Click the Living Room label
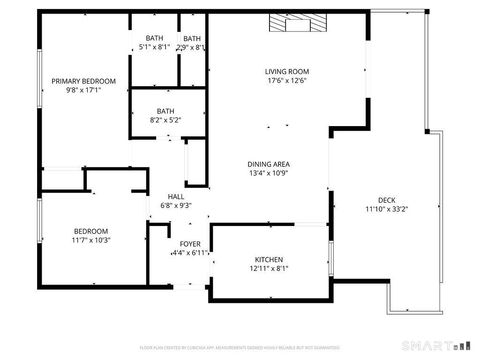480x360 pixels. (x=285, y=71)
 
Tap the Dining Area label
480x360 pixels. (x=268, y=163)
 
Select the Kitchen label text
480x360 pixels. (x=268, y=258)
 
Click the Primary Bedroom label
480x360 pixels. (x=84, y=80)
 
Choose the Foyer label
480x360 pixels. (x=189, y=244)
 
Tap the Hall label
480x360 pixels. (x=176, y=196)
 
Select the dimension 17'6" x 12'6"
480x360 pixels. (x=285, y=81)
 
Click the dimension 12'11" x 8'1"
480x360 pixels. (x=268, y=268)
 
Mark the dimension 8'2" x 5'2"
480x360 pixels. (x=166, y=120)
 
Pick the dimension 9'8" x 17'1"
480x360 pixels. (x=84, y=90)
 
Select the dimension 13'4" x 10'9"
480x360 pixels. (x=268, y=173)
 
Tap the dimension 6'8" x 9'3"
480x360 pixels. (x=176, y=206)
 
